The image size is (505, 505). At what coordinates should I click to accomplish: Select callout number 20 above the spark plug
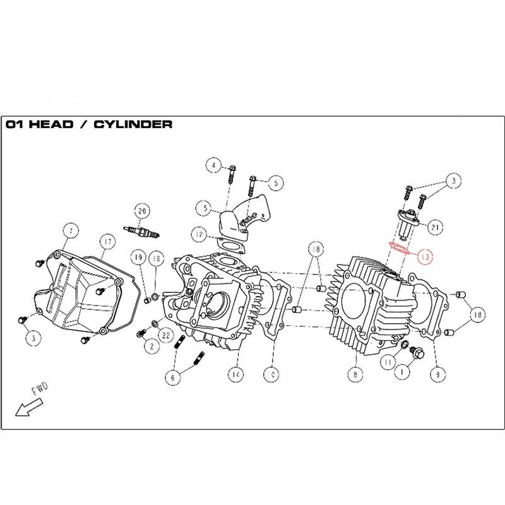coord(141,211)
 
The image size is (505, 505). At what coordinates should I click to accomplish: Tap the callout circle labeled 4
coord(214,166)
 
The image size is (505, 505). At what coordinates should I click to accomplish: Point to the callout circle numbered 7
coord(71,231)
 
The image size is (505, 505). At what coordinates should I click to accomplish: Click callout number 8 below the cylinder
coord(355,374)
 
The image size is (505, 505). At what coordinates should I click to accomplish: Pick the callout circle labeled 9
coord(434,374)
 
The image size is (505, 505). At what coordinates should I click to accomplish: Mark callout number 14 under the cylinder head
coord(235,374)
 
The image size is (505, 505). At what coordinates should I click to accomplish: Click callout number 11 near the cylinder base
coord(387,362)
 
